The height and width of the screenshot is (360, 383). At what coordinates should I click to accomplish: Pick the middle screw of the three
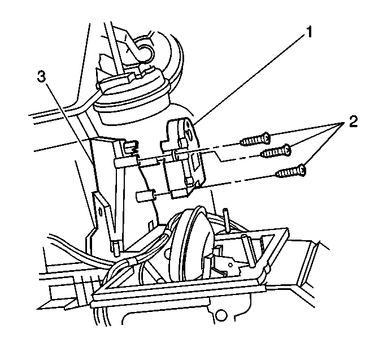pos(275,150)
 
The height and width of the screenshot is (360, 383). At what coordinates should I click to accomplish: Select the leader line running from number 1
pos(249,79)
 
